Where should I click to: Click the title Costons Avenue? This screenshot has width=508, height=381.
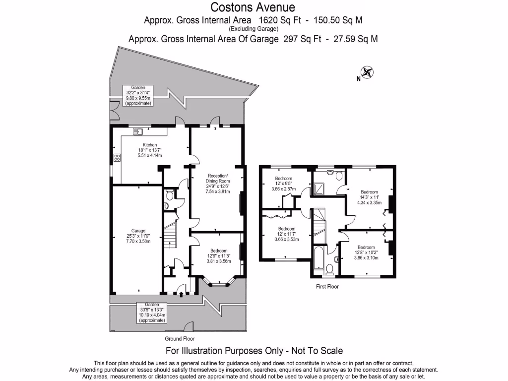[x=253, y=7]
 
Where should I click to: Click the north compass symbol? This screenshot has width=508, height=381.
[x=367, y=72]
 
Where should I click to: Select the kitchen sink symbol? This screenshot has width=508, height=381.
[x=138, y=131]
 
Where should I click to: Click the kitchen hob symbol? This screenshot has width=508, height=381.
[x=118, y=158]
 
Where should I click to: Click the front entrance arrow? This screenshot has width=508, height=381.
[x=181, y=295]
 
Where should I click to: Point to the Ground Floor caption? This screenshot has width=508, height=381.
[x=180, y=339]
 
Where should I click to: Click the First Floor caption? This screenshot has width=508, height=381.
[x=327, y=286]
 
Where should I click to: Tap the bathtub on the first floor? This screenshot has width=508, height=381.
[x=317, y=258]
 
